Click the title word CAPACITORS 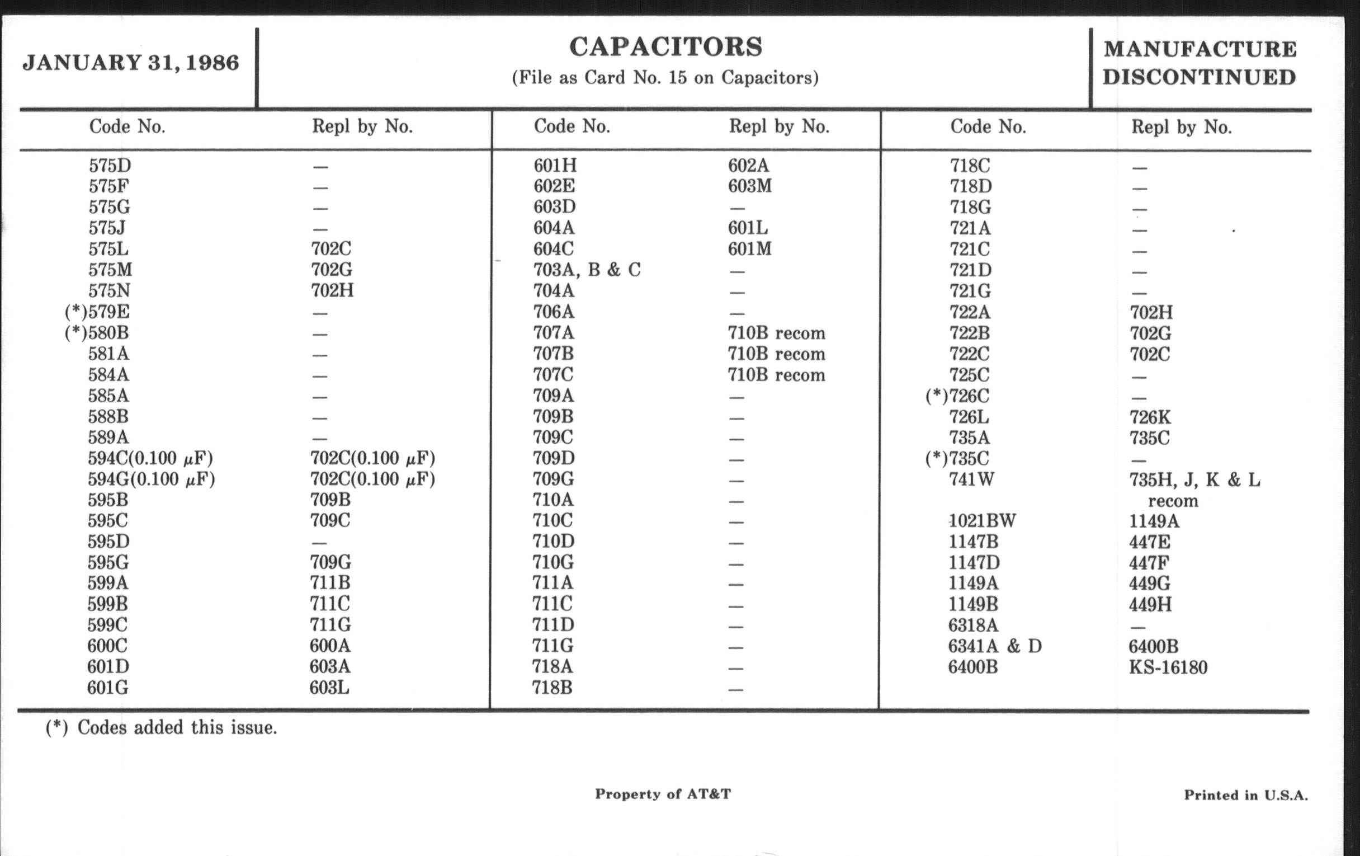(665, 47)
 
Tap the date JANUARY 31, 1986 (130, 63)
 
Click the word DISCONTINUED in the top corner (1199, 77)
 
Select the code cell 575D (110, 166)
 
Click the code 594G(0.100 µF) (151, 479)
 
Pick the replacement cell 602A (748, 166)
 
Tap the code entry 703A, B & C (587, 270)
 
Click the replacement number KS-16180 (1168, 667)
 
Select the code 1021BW (981, 520)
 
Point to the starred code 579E (97, 312)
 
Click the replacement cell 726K (1150, 417)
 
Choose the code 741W (971, 479)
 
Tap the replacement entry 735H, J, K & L (1194, 480)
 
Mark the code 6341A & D (995, 646)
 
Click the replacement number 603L (329, 688)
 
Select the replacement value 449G (1149, 583)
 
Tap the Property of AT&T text (663, 794)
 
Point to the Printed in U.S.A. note (1245, 796)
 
